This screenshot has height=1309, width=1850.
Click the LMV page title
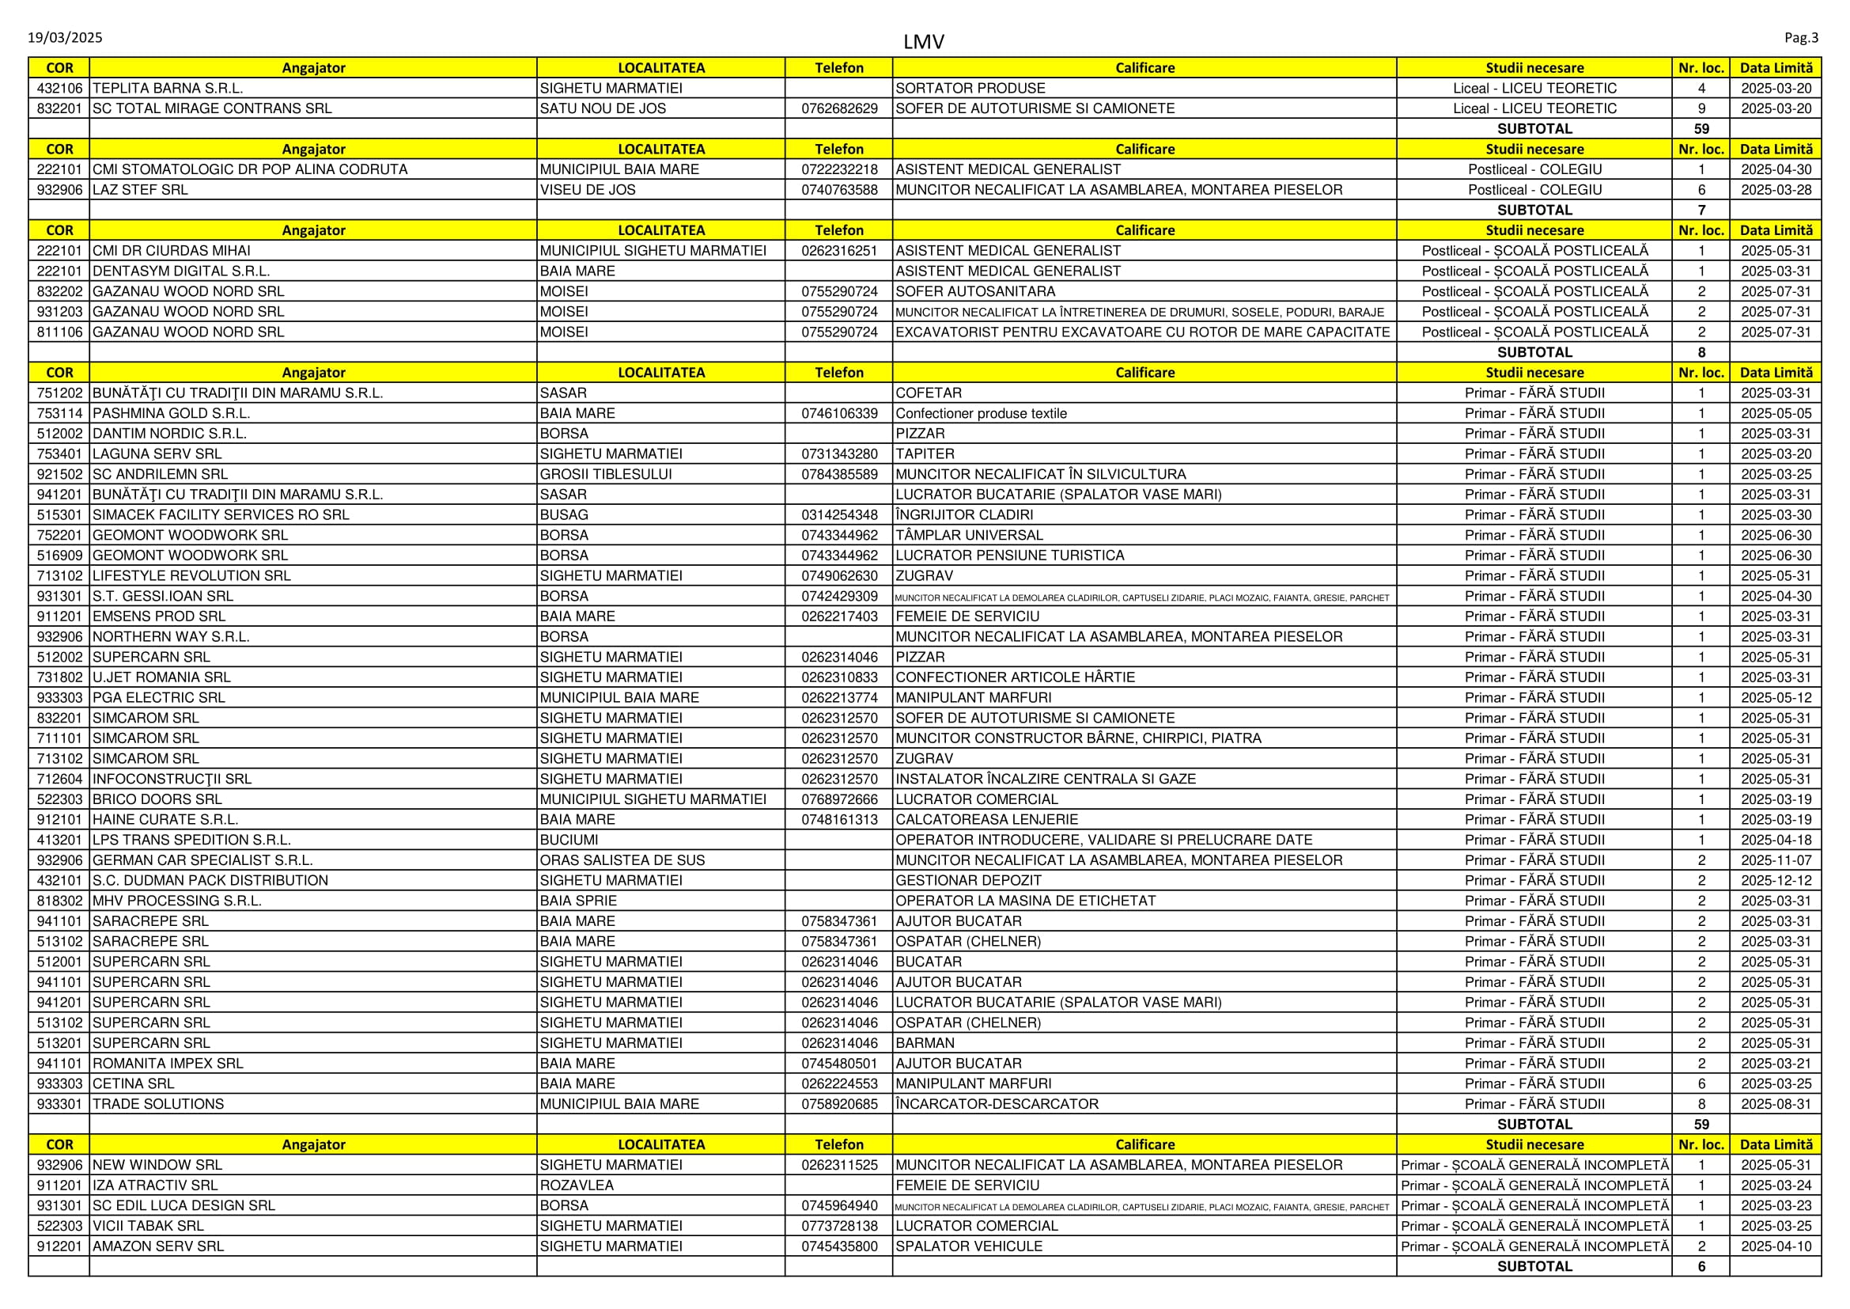923,42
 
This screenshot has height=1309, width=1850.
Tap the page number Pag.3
1801,38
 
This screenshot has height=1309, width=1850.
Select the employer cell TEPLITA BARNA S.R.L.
168,89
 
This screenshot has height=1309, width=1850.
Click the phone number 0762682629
838,108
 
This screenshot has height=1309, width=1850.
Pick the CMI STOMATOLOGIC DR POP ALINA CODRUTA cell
250,169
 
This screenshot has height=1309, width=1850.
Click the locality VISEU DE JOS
588,190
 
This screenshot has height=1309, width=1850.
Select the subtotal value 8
1701,352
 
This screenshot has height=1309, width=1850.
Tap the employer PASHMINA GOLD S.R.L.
171,413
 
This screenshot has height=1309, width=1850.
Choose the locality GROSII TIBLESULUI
605,475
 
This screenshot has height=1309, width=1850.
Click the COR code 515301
59,515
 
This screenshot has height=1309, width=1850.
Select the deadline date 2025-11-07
1776,860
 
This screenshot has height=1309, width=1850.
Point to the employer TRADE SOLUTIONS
158,1104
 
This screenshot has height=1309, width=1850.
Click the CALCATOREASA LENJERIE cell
986,820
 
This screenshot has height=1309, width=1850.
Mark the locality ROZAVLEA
576,1186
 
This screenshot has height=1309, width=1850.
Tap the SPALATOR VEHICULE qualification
969,1246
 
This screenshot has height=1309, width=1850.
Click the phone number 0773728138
838,1226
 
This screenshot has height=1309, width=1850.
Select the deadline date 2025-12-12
1776,880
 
